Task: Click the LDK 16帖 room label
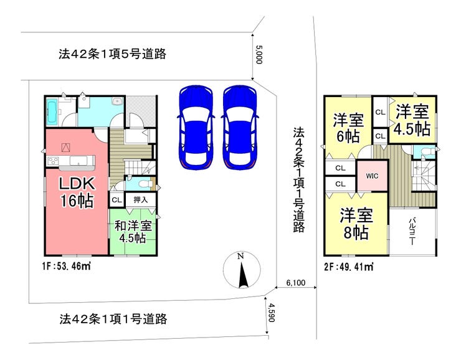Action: (x=77, y=192)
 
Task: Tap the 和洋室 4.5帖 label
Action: (x=133, y=232)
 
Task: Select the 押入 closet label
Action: (x=141, y=200)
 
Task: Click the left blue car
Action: (x=196, y=127)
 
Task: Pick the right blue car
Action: (x=240, y=127)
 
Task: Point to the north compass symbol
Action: (x=242, y=270)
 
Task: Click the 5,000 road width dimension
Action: (x=259, y=54)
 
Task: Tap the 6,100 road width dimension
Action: (x=296, y=283)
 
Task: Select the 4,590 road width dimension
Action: (x=271, y=313)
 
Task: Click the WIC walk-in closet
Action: (x=372, y=176)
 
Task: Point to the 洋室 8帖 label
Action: (x=356, y=224)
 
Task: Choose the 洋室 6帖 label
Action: (x=348, y=128)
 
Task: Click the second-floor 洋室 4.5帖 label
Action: (x=412, y=120)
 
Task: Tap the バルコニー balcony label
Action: (x=412, y=231)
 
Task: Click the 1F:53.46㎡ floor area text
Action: (x=66, y=267)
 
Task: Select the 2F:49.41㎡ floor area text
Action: (x=349, y=267)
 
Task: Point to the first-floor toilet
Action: (x=143, y=184)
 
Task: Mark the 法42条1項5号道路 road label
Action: (x=112, y=54)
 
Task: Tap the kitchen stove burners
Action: (x=53, y=161)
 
